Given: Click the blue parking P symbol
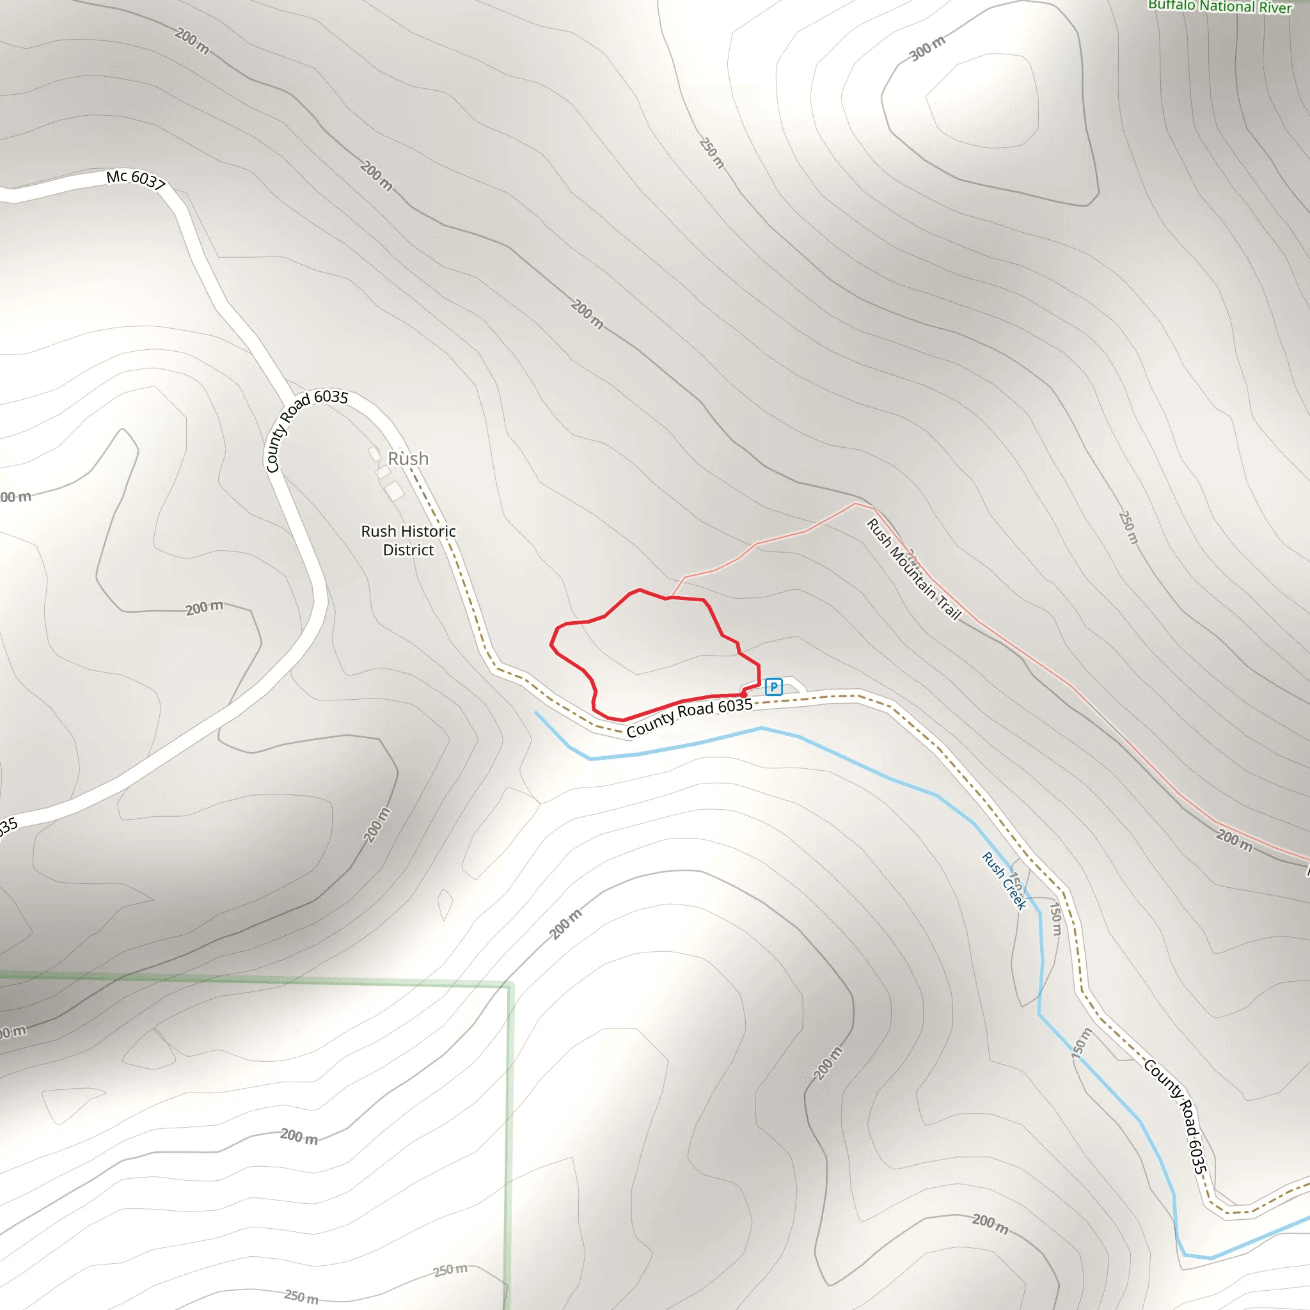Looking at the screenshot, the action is pos(773,687).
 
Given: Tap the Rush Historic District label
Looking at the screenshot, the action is pos(408,541).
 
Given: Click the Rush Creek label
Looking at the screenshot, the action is pos(1004,880).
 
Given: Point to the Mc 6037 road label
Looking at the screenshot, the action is pos(136,180).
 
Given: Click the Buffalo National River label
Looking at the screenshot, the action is pos(1219,7).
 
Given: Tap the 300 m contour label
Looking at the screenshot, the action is pos(927,49).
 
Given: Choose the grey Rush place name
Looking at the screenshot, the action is pos(407,459).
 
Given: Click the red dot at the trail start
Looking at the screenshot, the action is pos(744,694).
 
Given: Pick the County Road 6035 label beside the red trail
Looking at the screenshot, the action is pos(689,718).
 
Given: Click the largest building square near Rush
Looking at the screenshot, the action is pos(394,489).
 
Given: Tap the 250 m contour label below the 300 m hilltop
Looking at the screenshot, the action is pos(712,154).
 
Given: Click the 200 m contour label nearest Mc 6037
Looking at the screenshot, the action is pos(192,41).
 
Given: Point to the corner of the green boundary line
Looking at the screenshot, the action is pos(509,984).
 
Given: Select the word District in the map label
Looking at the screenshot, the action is pos(408,550).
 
